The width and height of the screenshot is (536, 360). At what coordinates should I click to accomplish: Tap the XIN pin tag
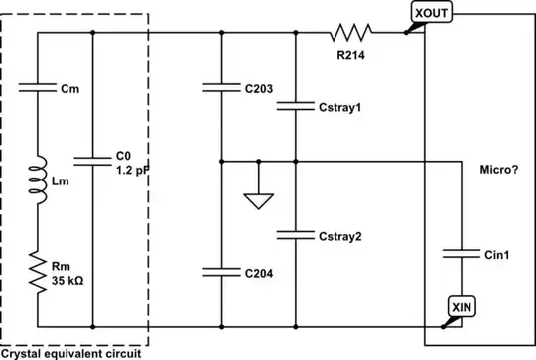pyautogui.click(x=461, y=307)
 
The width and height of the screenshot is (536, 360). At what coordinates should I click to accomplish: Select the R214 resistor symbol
pyautogui.click(x=351, y=32)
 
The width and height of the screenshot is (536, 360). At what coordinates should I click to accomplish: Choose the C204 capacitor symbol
pyautogui.click(x=221, y=270)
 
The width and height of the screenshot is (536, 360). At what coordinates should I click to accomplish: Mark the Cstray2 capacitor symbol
pyautogui.click(x=296, y=235)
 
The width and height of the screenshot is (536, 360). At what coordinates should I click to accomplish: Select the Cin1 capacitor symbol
pyautogui.click(x=461, y=253)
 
